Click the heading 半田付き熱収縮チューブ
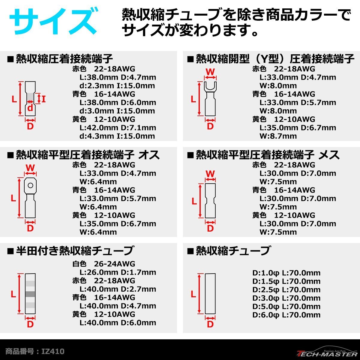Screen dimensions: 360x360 (74, 250)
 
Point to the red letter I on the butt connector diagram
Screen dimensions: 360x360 (43, 99)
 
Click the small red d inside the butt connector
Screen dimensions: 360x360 (30, 108)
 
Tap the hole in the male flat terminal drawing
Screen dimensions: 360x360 (30, 185)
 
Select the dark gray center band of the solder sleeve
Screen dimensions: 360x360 (30, 294)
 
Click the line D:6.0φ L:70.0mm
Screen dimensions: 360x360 (286, 315)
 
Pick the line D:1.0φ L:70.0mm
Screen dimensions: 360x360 (286, 273)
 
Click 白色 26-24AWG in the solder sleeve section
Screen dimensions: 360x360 (104, 264)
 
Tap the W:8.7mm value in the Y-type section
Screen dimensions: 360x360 (278, 136)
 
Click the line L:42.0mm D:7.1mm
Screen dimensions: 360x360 (118, 128)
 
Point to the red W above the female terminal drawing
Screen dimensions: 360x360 (210, 174)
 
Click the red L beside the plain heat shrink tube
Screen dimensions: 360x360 (193, 294)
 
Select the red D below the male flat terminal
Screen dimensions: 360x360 (30, 228)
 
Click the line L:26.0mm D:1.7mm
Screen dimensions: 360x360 (118, 272)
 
